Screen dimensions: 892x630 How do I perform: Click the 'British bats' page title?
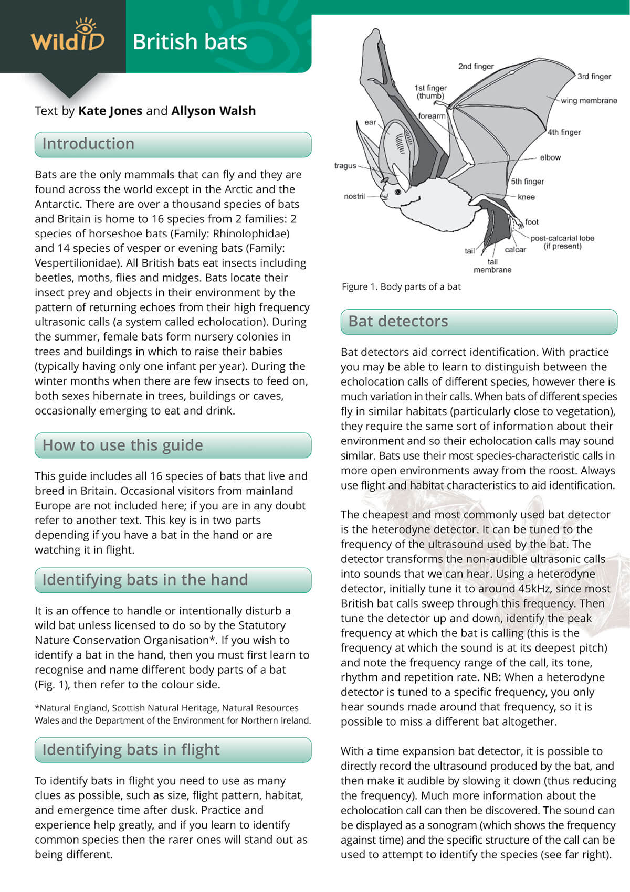(190, 42)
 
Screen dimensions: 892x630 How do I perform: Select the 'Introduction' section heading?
(88, 144)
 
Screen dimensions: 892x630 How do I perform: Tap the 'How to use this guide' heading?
(122, 445)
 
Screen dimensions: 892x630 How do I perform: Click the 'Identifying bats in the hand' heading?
(145, 580)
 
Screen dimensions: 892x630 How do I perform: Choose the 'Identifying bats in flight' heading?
(131, 750)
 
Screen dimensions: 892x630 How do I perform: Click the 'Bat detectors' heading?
(398, 321)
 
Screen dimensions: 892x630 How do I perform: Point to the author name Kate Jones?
(110, 111)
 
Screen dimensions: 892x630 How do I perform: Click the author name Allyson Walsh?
(213, 111)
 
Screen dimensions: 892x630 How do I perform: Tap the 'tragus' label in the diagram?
(345, 166)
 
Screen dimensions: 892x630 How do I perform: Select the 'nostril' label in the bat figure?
(354, 197)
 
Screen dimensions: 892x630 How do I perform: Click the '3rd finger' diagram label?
(594, 77)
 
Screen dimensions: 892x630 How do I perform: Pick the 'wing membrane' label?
(589, 101)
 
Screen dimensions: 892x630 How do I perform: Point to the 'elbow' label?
(550, 157)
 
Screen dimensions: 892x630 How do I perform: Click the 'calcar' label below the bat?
(515, 250)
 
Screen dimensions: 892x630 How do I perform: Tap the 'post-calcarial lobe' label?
(562, 238)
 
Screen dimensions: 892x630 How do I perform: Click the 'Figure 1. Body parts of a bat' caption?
(401, 287)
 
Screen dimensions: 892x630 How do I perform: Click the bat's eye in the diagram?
(397, 192)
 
